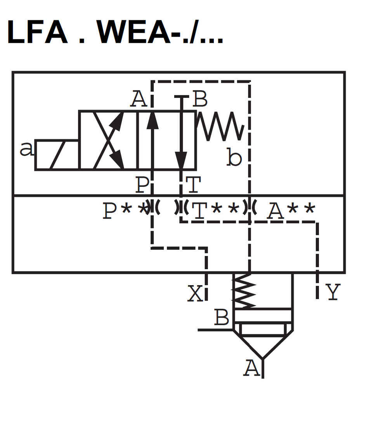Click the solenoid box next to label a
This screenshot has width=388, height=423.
[x=57, y=155]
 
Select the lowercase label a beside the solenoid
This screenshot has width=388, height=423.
[x=26, y=149]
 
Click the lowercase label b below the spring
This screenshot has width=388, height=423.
[x=234, y=158]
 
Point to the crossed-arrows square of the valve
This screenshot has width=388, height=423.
[x=108, y=140]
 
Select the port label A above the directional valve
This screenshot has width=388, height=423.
[x=139, y=99]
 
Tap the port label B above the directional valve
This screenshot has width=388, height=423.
[x=200, y=99]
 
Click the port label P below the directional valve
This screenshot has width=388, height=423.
[x=142, y=185]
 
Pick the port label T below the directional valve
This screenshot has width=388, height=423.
[x=193, y=185]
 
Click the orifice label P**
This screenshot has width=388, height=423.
[x=125, y=211]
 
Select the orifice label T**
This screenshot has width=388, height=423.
[x=216, y=211]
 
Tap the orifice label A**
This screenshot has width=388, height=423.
[x=291, y=211]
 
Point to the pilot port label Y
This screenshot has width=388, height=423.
[x=333, y=292]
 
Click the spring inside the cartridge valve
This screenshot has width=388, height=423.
[x=244, y=291]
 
